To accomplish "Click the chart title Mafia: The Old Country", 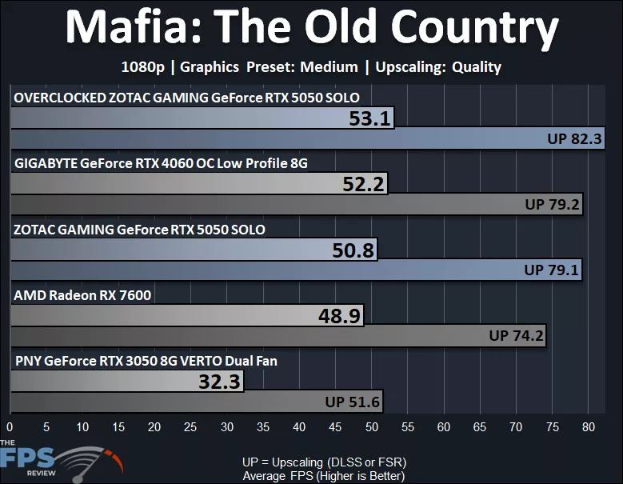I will tap(311, 30).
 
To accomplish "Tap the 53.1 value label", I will tap(369, 118).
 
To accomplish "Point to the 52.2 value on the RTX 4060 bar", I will tap(363, 184).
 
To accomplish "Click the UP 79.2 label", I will tap(552, 204).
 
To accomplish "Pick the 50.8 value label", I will tap(353, 250).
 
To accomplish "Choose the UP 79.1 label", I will tap(551, 270).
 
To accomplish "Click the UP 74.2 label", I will tap(516, 336).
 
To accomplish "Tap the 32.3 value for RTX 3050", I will tap(219, 382).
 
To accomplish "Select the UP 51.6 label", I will tap(353, 402).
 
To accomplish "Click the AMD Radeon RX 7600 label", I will tap(82, 295).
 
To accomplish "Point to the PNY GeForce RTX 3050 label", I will tap(146, 361).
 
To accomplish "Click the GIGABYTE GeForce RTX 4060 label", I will tap(161, 163).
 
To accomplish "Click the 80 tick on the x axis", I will tap(588, 426).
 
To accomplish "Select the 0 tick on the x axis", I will tap(10, 426).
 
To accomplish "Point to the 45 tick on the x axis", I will tap(335, 426).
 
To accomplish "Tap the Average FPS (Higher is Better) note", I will tap(324, 475).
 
